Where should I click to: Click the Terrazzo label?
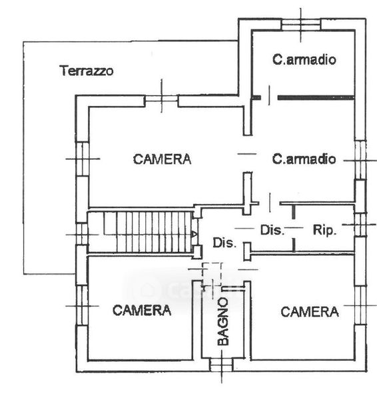(87, 71)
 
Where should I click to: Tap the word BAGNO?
(223, 321)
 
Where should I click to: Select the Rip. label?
(324, 231)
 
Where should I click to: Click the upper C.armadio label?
(304, 59)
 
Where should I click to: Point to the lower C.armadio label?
(304, 159)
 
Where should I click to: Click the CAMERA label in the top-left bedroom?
(162, 159)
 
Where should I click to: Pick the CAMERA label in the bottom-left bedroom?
(142, 311)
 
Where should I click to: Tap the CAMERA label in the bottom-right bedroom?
(310, 312)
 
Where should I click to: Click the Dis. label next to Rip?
(272, 230)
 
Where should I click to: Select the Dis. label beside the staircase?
(224, 243)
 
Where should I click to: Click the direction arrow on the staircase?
(194, 234)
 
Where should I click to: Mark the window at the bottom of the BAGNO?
(221, 365)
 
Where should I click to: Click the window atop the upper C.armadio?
(301, 25)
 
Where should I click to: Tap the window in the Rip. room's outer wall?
(360, 225)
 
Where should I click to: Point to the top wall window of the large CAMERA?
(161, 101)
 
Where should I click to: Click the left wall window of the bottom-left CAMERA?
(82, 305)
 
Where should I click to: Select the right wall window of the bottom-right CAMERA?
(360, 305)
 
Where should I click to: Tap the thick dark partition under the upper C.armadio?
(316, 97)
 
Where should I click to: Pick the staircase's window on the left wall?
(82, 234)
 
